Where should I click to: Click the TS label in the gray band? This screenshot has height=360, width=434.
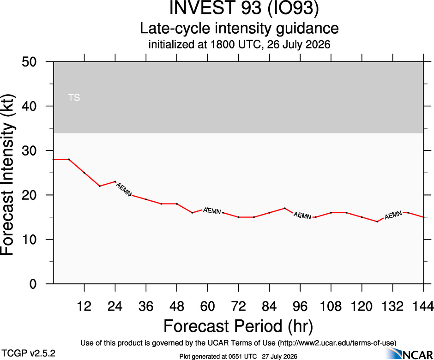(74, 97)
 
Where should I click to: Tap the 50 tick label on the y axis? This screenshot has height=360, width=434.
(29, 61)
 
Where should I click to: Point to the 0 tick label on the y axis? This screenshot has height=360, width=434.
(33, 284)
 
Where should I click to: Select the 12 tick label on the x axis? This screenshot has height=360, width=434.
(84, 306)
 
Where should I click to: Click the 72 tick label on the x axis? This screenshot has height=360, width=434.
(238, 306)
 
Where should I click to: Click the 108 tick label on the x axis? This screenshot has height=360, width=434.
(331, 306)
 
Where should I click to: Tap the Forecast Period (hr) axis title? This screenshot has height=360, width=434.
(238, 326)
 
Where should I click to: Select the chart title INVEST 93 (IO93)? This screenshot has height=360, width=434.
(244, 8)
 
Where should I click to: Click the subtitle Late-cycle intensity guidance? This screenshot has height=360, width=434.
(239, 28)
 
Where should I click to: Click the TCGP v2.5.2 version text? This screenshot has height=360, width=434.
(29, 354)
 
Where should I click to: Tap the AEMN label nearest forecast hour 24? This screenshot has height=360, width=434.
(123, 189)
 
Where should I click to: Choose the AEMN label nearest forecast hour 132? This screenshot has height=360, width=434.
(393, 215)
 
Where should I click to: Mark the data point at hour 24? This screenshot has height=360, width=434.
(115, 181)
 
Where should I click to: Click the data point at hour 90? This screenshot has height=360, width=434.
(284, 208)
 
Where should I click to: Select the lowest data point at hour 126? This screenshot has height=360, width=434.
(377, 222)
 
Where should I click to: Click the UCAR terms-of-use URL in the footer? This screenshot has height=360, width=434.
(337, 343)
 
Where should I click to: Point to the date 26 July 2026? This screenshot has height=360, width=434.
(299, 44)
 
